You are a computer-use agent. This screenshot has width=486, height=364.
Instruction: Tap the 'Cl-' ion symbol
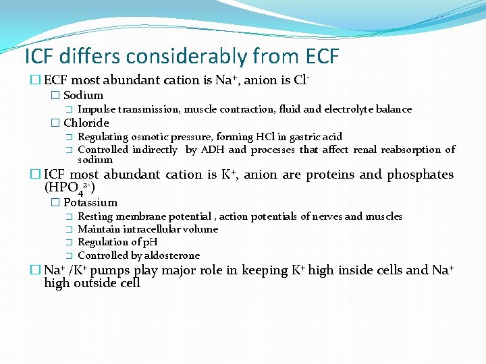tap(302, 80)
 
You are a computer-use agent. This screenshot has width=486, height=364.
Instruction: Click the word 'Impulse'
tap(95, 109)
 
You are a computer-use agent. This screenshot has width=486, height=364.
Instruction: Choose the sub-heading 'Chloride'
tap(86, 123)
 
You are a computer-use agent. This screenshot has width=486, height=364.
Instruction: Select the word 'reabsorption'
tap(412, 150)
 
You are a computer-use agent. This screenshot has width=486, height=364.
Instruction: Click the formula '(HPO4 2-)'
tap(70, 187)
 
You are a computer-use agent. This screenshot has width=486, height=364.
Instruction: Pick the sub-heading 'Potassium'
tap(90, 202)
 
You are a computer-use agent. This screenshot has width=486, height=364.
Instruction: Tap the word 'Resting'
tap(94, 216)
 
